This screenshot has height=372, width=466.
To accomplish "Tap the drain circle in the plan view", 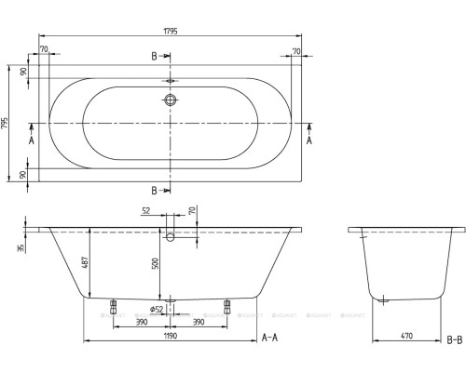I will point(171,100).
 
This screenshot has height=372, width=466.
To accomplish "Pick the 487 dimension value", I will point(86,264).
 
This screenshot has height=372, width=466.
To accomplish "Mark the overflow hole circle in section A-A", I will point(170,237).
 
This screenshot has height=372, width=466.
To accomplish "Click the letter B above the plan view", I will point(154,57).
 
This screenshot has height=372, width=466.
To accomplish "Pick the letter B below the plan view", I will point(154,192).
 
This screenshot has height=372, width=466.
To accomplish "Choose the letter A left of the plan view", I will point(31,139).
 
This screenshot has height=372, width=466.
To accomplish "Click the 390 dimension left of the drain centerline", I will point(140,321).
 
